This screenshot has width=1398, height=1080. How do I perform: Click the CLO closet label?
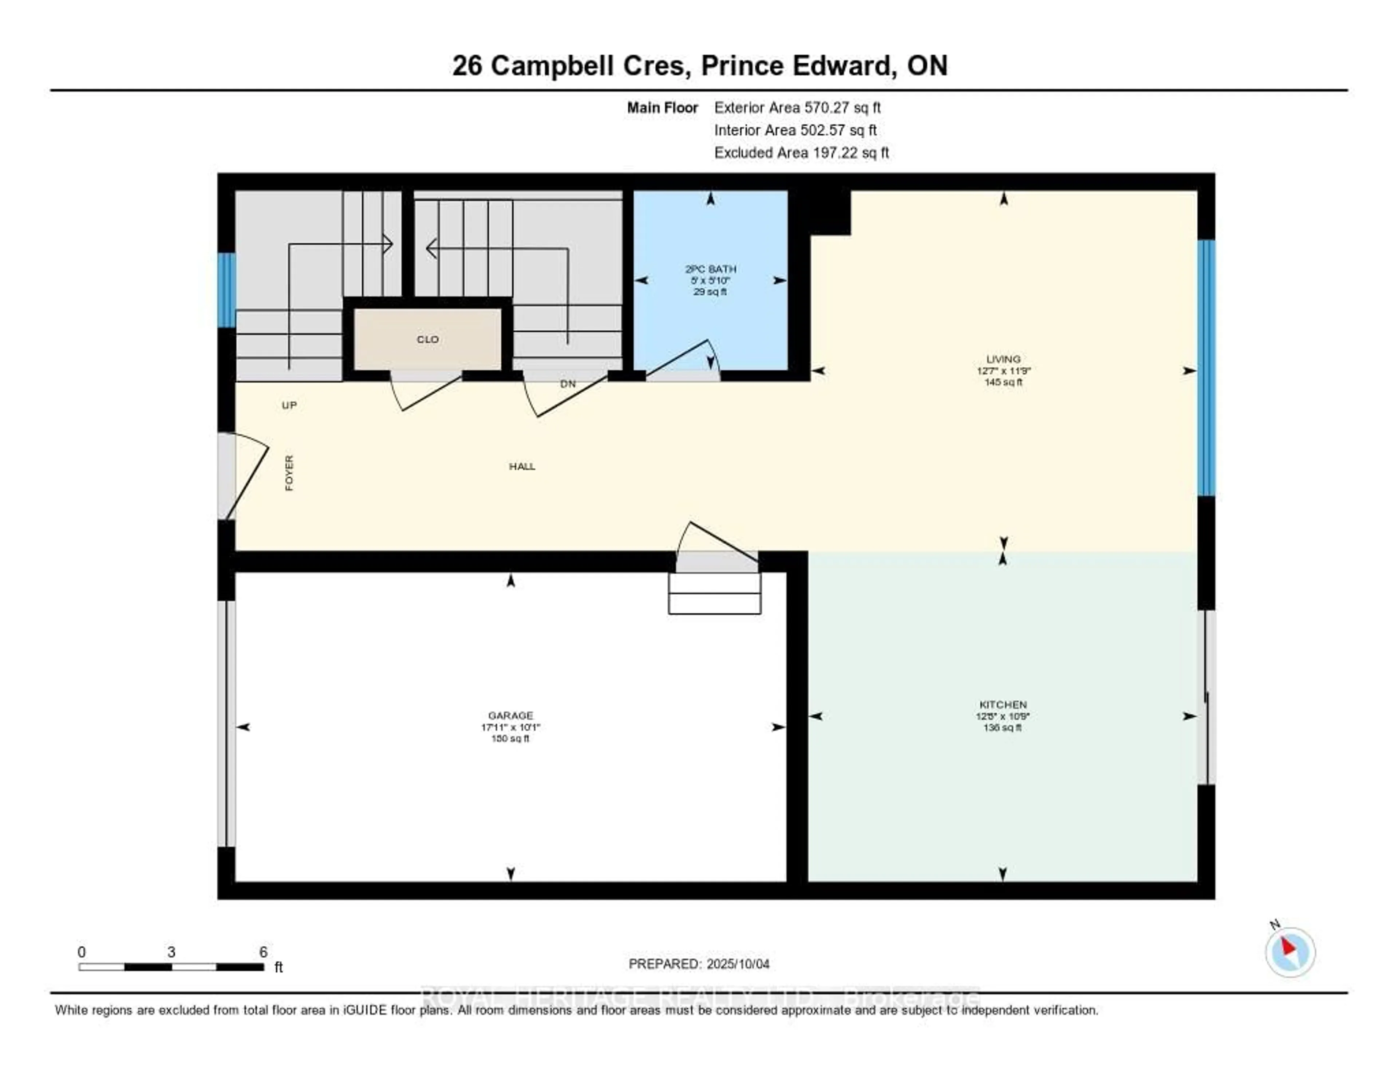[428, 339]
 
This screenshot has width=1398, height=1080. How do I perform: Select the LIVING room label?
[1003, 359]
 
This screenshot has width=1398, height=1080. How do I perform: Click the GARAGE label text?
[510, 715]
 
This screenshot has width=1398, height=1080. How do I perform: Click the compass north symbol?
[1290, 951]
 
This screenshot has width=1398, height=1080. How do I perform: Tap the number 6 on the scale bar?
[263, 952]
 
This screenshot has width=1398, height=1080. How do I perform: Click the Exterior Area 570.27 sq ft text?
[798, 107]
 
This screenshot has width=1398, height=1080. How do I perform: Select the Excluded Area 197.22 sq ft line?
[801, 152]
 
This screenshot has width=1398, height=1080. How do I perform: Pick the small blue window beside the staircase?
[226, 290]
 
